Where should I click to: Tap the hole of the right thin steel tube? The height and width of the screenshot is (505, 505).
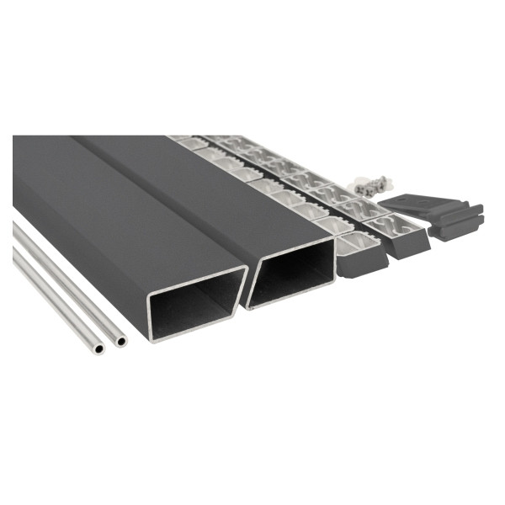pyautogui.click(x=121, y=342)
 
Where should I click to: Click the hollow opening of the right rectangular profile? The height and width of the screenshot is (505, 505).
pyautogui.click(x=291, y=274)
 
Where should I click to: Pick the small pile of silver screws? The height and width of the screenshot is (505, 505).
pyautogui.click(x=371, y=186)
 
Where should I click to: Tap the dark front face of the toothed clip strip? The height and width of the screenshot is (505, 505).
pyautogui.click(x=362, y=260)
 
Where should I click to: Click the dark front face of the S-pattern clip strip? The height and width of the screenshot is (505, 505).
pyautogui.click(x=408, y=243)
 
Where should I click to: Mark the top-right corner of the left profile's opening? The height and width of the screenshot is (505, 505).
pyautogui.click(x=245, y=269)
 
